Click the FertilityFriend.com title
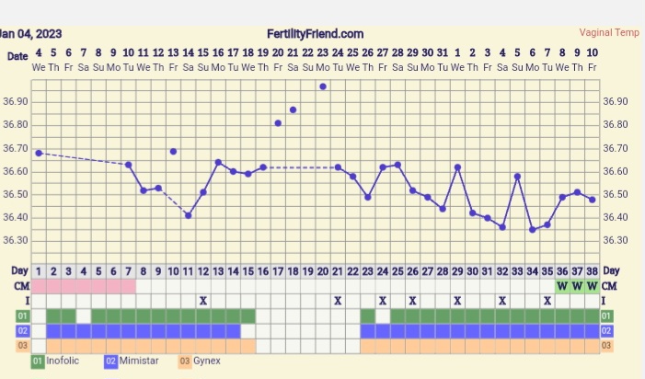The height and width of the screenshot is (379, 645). point(315,33)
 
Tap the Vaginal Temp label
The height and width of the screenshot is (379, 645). point(609,33)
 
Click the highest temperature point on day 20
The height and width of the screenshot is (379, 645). point(323,86)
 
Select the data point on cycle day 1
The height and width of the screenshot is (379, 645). point(39,153)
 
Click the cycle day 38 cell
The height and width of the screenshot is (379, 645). point(592,271)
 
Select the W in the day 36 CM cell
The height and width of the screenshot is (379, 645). point(561,285)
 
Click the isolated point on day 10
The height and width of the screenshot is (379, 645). point(173,151)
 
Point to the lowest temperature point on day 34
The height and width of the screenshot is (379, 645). point(532,229)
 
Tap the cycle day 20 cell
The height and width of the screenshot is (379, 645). point(322,271)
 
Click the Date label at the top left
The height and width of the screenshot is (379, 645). point(17,56)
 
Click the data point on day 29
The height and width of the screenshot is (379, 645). point(457,167)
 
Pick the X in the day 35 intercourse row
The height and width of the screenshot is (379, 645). point(547,301)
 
